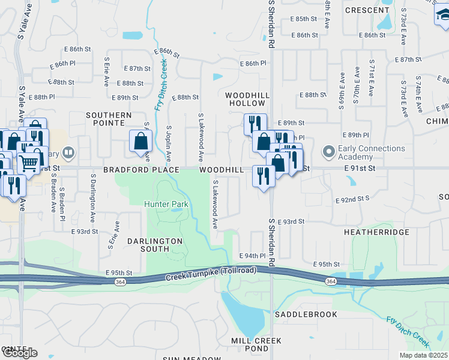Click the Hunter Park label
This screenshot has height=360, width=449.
pyautogui.click(x=166, y=204)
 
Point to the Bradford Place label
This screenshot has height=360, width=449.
pyautogui.click(x=141, y=170)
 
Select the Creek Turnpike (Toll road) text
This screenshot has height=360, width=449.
pyautogui.click(x=211, y=274)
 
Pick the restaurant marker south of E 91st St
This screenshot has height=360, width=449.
pyautogui.click(x=263, y=176)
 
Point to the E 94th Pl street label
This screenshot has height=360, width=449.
pyautogui.click(x=252, y=256)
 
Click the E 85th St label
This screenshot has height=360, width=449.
pyautogui.click(x=303, y=19)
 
